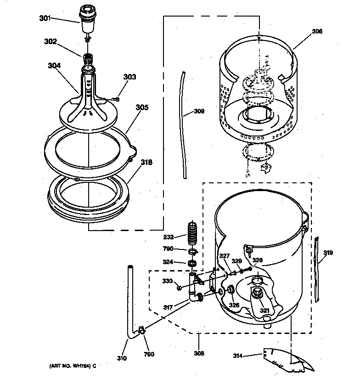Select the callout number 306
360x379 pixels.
pos(317,32)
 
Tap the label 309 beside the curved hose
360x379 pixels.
pos(199,111)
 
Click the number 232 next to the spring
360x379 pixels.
pos(169,237)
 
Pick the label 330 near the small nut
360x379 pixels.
pos(168,281)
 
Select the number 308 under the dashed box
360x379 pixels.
pos(198,354)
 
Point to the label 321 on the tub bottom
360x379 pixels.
pos(264,311)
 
